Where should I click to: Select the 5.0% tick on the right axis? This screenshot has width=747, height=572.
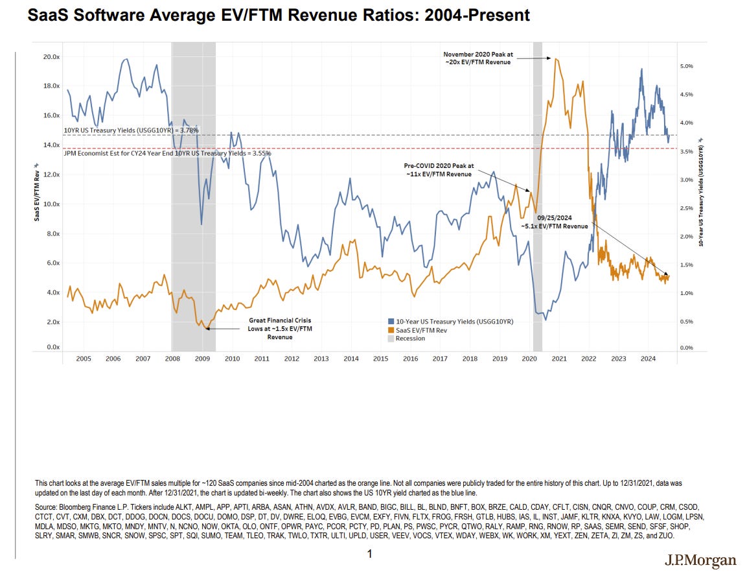pyautogui.click(x=685, y=66)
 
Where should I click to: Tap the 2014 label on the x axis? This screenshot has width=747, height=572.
pyautogui.click(x=351, y=358)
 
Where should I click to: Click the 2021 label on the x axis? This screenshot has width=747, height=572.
pyautogui.click(x=559, y=358)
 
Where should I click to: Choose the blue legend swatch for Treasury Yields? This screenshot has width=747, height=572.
pyautogui.click(x=391, y=322)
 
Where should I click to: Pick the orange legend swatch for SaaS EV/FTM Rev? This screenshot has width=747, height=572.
pyautogui.click(x=391, y=330)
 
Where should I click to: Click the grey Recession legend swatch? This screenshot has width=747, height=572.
pyautogui.click(x=391, y=339)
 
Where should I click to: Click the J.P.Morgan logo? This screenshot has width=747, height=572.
pyautogui.click(x=700, y=560)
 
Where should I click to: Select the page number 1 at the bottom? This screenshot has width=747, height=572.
pyautogui.click(x=369, y=554)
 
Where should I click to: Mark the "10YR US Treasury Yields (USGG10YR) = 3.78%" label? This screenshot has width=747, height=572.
pyautogui.click(x=131, y=130)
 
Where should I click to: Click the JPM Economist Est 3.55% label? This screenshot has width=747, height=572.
pyautogui.click(x=167, y=154)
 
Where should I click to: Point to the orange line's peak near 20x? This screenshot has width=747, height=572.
pyautogui.click(x=556, y=59)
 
